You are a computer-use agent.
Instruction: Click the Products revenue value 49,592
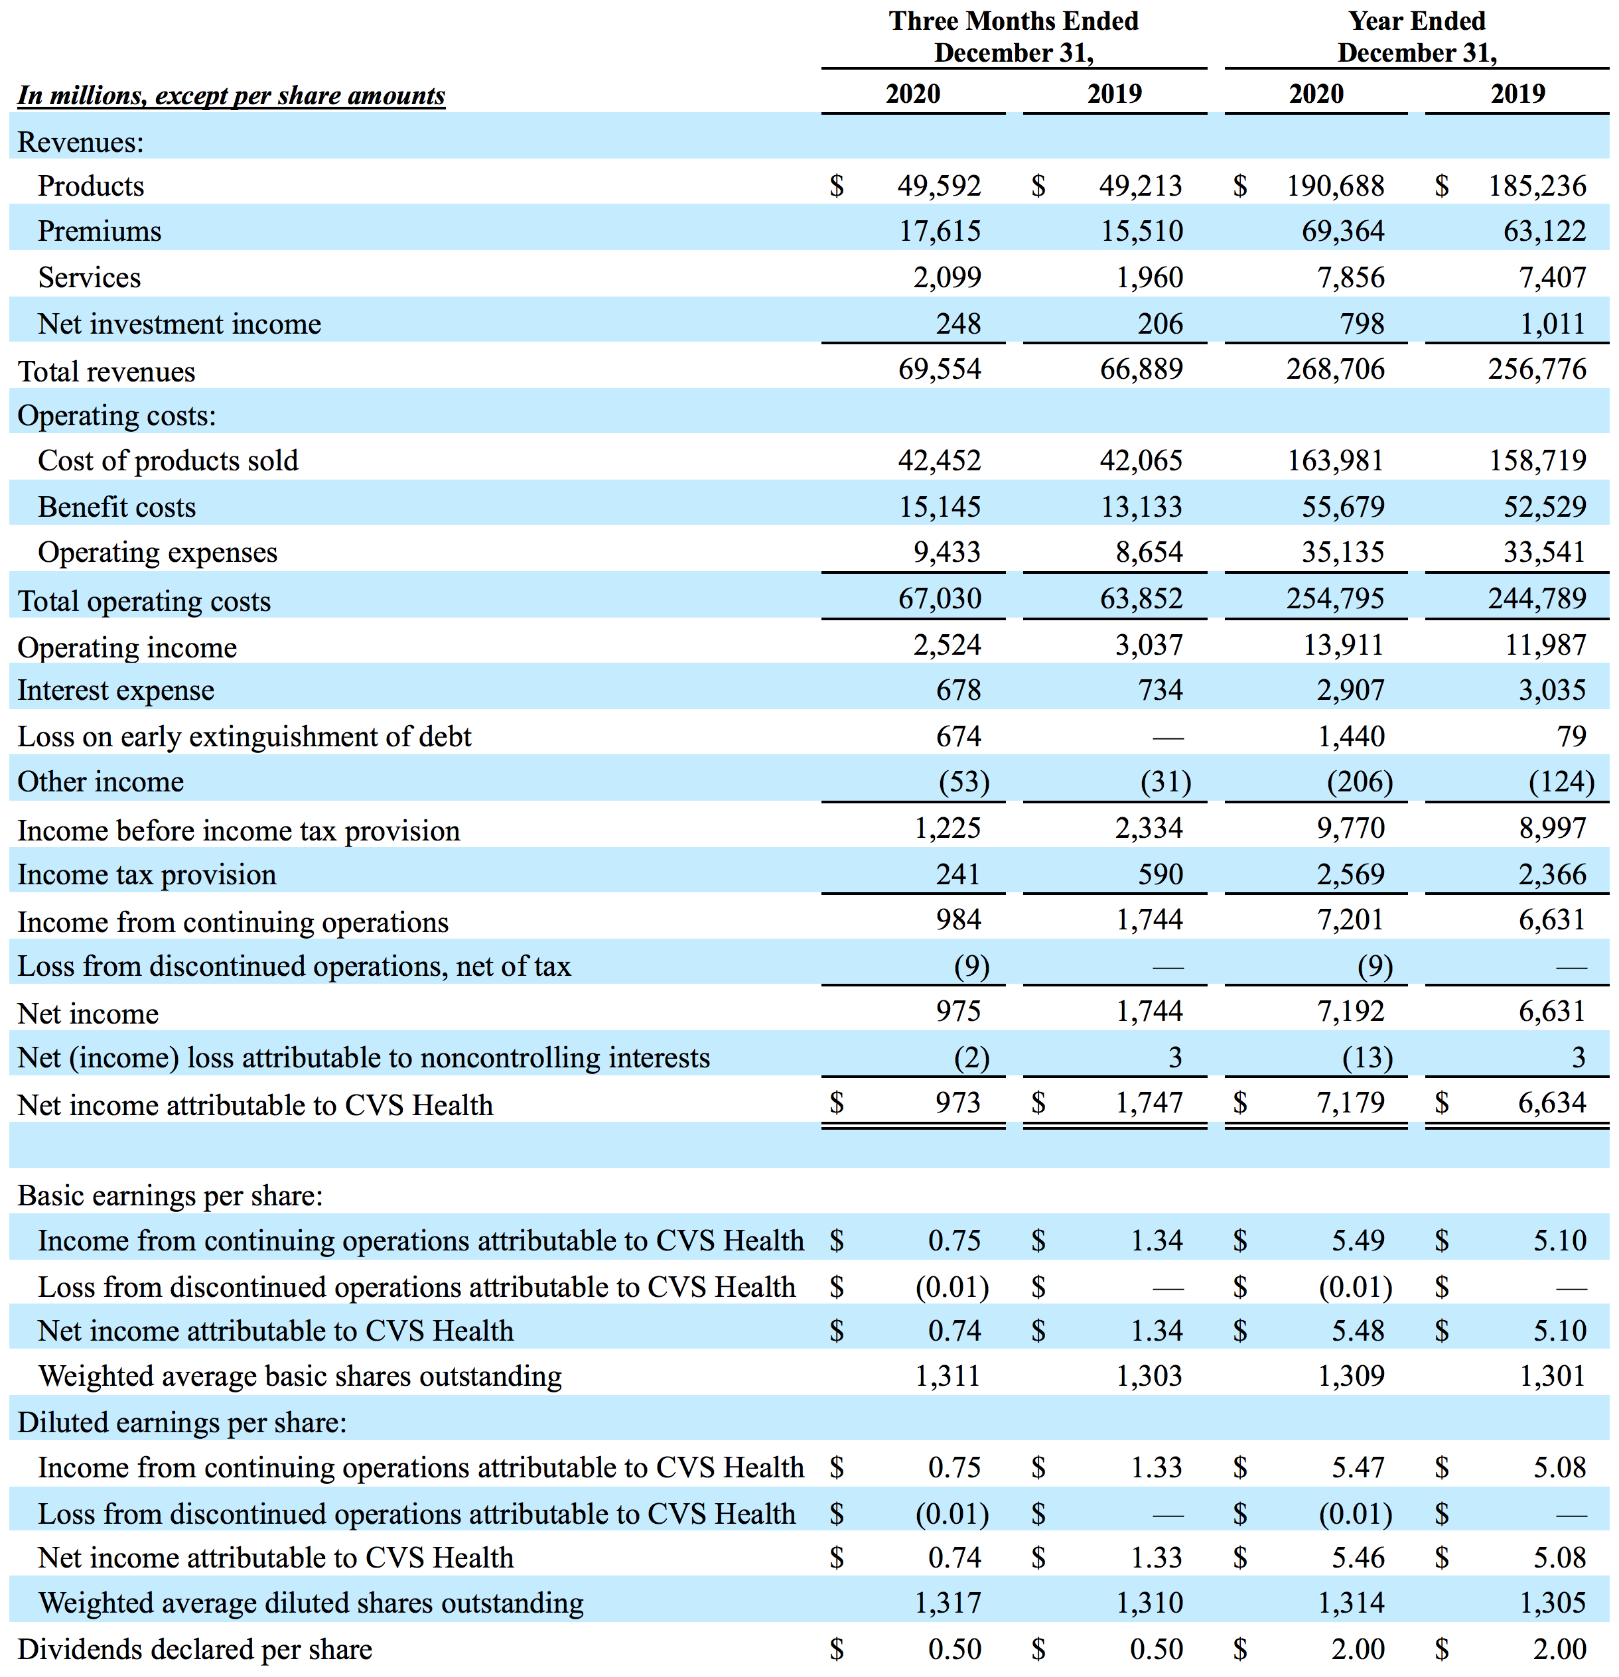pyautogui.click(x=939, y=186)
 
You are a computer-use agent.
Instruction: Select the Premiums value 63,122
pyautogui.click(x=1545, y=231)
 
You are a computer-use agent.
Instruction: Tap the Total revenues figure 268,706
pyautogui.click(x=1335, y=369)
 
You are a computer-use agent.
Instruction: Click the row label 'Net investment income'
pyautogui.click(x=179, y=324)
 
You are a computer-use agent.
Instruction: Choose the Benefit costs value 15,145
pyautogui.click(x=939, y=507)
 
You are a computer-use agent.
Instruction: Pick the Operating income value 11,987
pyautogui.click(x=1545, y=644)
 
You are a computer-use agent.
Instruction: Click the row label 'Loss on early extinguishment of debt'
pyautogui.click(x=244, y=737)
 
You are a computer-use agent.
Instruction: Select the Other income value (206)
pyautogui.click(x=1359, y=781)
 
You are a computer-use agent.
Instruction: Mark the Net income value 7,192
pyautogui.click(x=1350, y=1012)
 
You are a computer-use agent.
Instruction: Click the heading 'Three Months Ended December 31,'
pyautogui.click(x=1014, y=36)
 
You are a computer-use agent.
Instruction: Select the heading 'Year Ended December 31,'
pyautogui.click(x=1417, y=36)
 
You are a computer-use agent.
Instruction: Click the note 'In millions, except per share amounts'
pyautogui.click(x=231, y=95)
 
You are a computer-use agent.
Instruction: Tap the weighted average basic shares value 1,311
pyautogui.click(x=948, y=1376)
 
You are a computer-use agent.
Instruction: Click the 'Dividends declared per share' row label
pyautogui.click(x=194, y=1648)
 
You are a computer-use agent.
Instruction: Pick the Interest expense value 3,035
pyautogui.click(x=1551, y=690)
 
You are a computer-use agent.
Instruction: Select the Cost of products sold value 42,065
pyautogui.click(x=1141, y=460)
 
